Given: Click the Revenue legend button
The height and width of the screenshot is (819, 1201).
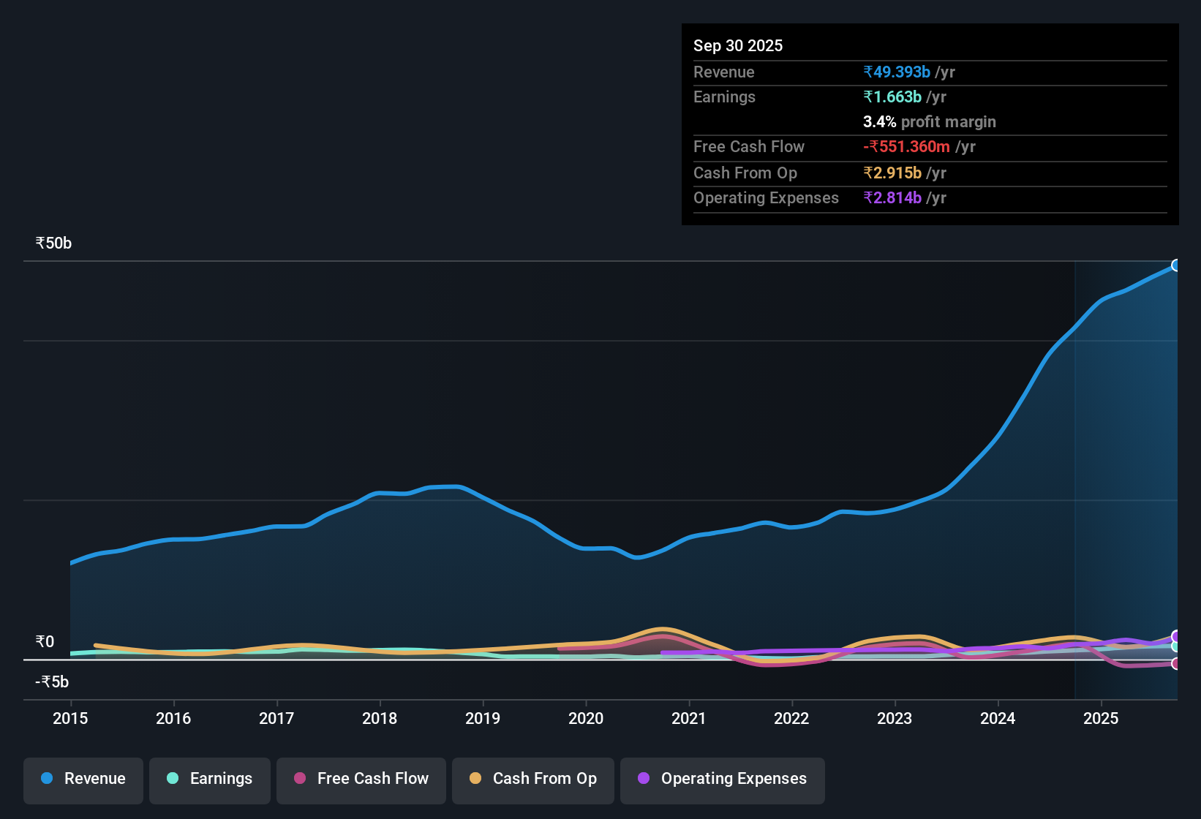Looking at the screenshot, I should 83,779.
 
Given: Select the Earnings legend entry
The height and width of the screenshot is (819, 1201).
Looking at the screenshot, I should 210,779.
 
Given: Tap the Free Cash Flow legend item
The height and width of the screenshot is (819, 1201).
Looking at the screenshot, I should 361,779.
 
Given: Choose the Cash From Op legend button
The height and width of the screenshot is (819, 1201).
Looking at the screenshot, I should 533,779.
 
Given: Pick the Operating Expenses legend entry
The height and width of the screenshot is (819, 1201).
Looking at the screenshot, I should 723,779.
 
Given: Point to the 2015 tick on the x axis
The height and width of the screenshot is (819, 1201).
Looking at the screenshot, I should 70,718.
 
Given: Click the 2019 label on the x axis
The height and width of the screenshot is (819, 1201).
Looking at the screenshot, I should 483,718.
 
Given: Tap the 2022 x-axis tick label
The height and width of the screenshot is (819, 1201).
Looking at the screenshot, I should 791,718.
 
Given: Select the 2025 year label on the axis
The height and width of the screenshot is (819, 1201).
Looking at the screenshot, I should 1101,718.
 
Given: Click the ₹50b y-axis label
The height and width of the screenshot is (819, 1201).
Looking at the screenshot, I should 53,244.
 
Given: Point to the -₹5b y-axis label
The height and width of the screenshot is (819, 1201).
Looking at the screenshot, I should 52,682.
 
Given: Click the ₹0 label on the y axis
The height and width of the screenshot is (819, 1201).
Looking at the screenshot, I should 45,641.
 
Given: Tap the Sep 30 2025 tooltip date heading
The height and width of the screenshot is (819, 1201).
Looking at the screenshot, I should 737,45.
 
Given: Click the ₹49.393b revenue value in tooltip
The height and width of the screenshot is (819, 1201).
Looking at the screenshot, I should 897,72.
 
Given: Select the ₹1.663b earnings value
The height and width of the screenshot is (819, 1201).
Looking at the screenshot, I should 892,97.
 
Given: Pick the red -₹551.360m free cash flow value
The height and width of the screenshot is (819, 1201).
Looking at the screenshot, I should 907,146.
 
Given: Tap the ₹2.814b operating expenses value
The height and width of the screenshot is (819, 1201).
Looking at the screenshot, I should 892,197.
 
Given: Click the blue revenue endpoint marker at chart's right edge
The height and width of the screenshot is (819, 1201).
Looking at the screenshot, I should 1176,265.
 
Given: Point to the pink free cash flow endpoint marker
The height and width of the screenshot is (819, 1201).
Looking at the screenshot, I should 1176,664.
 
